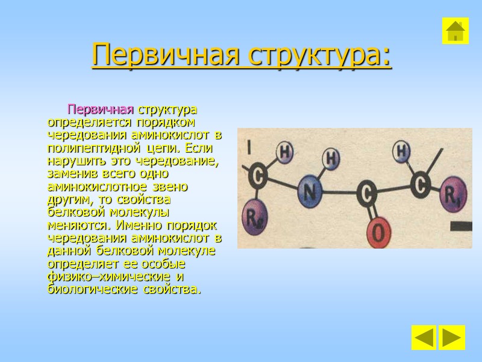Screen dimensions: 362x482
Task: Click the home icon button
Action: [x=455, y=31]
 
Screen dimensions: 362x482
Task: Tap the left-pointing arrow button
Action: [x=424, y=338]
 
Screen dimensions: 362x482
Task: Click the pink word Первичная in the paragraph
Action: [x=100, y=110]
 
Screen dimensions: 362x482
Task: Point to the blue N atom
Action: [x=309, y=192]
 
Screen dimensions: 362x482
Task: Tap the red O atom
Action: [x=378, y=230]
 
